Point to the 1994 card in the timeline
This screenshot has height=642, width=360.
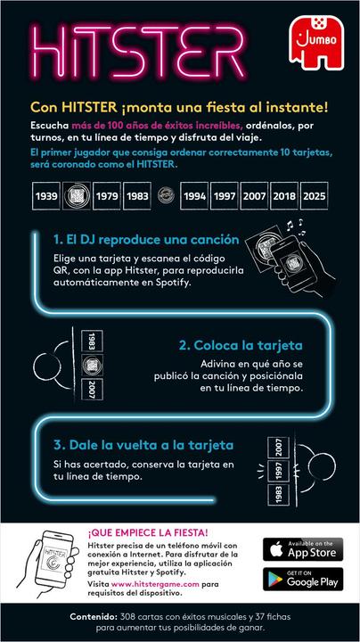coord(194,195)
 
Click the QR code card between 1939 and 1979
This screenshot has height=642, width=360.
coord(78,195)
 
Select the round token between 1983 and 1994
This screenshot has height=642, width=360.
coord(165,195)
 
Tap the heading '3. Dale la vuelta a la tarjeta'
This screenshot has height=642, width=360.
coord(144,445)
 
